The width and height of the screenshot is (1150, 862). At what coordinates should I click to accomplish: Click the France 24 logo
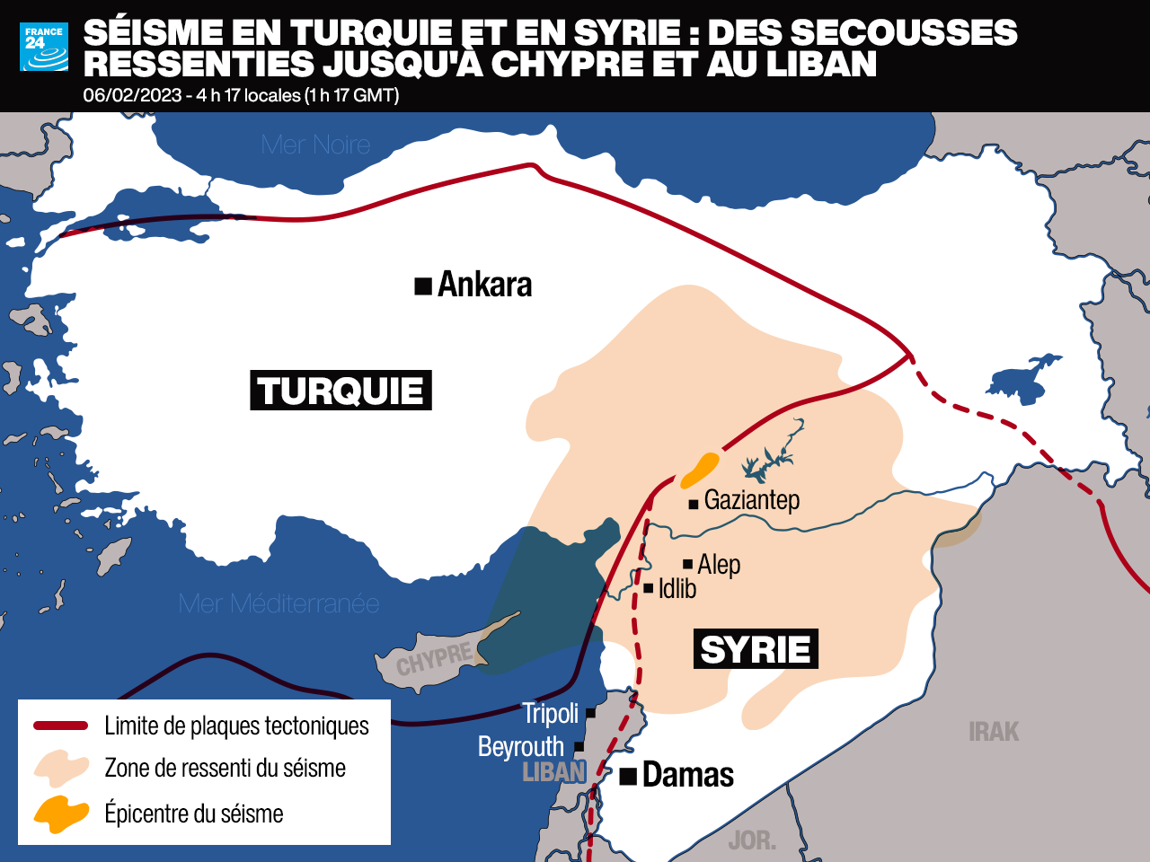(44, 47)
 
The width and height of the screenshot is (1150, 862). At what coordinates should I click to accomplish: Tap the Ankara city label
(484, 285)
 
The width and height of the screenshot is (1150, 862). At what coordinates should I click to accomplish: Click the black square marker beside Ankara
(422, 286)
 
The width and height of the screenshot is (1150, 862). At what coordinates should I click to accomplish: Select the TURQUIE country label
(341, 391)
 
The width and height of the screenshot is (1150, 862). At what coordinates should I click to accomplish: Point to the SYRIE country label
(756, 649)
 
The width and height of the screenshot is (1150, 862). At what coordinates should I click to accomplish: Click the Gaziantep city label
(752, 499)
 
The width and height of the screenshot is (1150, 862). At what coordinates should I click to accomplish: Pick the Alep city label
(719, 564)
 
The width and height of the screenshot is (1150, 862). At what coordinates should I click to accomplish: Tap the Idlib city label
(677, 588)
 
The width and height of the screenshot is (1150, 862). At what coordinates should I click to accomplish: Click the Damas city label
(688, 774)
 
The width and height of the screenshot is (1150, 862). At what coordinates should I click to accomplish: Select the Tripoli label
(551, 713)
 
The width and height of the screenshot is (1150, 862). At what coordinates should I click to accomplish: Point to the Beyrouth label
(521, 746)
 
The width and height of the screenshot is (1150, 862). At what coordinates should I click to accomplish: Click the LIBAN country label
(553, 771)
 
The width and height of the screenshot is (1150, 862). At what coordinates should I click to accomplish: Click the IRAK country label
(994, 732)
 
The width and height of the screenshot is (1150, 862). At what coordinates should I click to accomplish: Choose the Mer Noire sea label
(315, 145)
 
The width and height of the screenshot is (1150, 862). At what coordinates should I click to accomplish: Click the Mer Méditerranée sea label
(279, 603)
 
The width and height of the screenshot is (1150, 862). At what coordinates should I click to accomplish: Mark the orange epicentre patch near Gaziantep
(701, 468)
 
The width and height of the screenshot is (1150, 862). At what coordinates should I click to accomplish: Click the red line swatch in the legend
(61, 726)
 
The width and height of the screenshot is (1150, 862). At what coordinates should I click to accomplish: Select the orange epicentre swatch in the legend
(61, 814)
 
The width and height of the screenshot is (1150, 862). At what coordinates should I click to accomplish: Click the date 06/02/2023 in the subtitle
(132, 95)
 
